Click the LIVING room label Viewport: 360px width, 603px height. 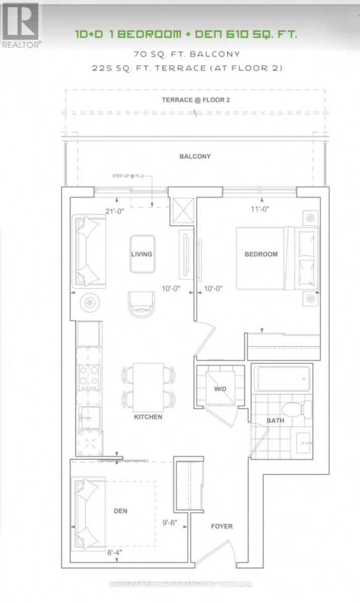pyautogui.click(x=142, y=254)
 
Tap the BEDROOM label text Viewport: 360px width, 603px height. pyautogui.click(x=261, y=254)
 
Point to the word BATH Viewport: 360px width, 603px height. pyautogui.click(x=276, y=421)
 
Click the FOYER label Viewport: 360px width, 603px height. pyautogui.click(x=222, y=526)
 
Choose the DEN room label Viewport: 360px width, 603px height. pyautogui.click(x=121, y=511)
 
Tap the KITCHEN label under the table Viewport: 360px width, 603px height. pyautogui.click(x=148, y=417)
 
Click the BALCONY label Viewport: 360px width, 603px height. pyautogui.click(x=195, y=156)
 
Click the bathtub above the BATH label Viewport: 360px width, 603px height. pyautogui.click(x=282, y=379)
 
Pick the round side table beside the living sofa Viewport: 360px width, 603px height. pyautogui.click(x=91, y=303)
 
